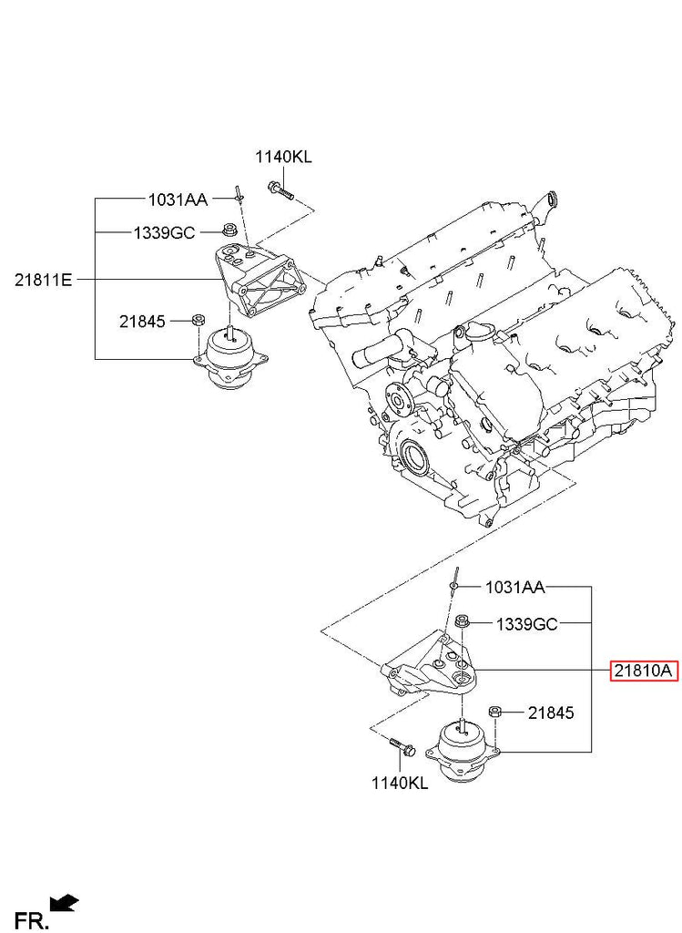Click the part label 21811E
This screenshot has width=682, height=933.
43,279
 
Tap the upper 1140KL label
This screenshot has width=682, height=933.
283,157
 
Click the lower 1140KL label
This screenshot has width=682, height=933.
400,783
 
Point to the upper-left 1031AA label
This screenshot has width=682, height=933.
178,200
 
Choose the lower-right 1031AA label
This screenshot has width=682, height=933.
515,588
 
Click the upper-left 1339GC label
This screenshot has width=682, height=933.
164,232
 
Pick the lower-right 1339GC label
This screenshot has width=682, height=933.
527,623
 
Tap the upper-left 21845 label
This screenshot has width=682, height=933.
142,322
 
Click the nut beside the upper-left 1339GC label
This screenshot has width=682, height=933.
228,231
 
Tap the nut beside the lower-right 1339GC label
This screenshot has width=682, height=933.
462,622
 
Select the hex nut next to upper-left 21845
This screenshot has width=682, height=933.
198,320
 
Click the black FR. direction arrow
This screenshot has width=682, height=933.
65,903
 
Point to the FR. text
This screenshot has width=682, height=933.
31,920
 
